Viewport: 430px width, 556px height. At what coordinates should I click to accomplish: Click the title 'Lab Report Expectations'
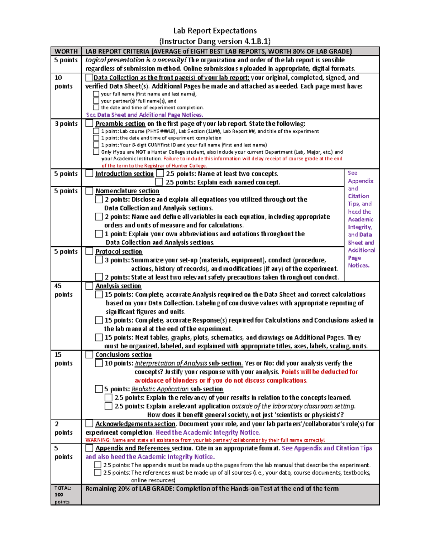[215, 31]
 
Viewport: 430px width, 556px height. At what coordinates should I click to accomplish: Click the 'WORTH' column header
[66, 51]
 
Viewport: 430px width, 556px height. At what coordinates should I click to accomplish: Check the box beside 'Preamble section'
[89, 123]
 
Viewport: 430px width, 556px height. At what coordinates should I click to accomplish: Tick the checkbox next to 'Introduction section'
[89, 173]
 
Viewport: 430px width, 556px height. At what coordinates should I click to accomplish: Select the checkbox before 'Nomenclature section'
[89, 191]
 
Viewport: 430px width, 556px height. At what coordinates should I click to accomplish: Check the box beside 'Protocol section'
[89, 251]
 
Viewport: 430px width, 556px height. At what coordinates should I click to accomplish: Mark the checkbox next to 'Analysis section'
[89, 286]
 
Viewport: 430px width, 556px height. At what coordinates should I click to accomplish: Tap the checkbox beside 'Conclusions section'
[89, 354]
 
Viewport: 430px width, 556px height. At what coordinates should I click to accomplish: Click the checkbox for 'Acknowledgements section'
[89, 424]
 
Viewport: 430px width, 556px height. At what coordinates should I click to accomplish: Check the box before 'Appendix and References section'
[89, 448]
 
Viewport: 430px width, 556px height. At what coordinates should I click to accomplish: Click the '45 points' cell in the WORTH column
[63, 290]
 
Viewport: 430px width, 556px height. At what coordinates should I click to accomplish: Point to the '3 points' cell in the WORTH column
[66, 124]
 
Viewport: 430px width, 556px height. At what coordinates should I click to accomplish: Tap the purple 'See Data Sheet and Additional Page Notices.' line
[144, 115]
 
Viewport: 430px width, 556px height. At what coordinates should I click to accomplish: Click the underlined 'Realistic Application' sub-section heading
[160, 389]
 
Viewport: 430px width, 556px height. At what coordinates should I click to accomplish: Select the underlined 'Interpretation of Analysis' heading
[171, 363]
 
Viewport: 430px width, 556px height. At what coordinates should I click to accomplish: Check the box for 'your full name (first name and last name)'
[96, 94]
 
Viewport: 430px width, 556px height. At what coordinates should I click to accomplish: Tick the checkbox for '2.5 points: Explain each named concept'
[159, 182]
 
